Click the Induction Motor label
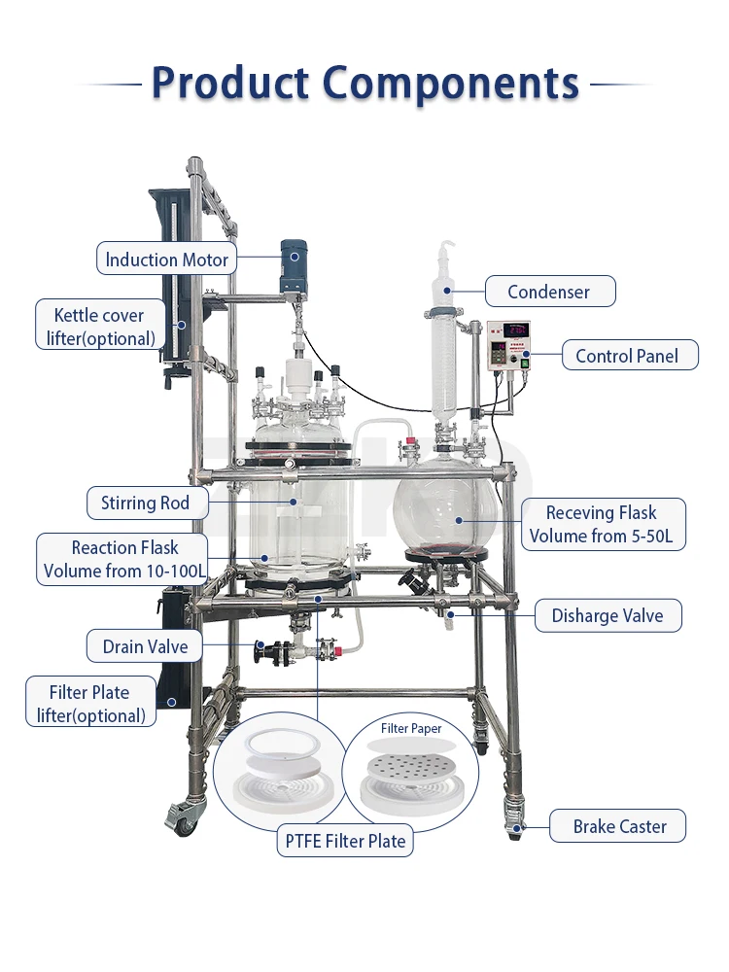166,260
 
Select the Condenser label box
548,292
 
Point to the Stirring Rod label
145,503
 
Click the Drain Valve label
145,646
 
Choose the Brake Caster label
619,827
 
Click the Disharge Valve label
607,615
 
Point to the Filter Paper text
411,728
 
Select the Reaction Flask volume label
124,559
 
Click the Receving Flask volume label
602,524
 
